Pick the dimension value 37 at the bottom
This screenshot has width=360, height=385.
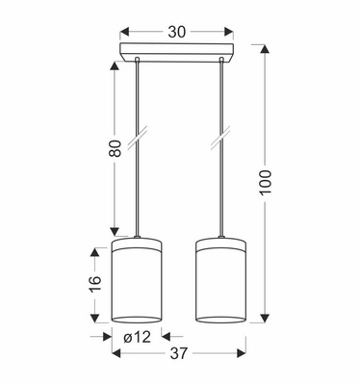point(180,353)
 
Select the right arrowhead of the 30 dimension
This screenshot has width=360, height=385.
point(232,32)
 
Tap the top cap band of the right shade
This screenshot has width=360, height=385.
point(222,241)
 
